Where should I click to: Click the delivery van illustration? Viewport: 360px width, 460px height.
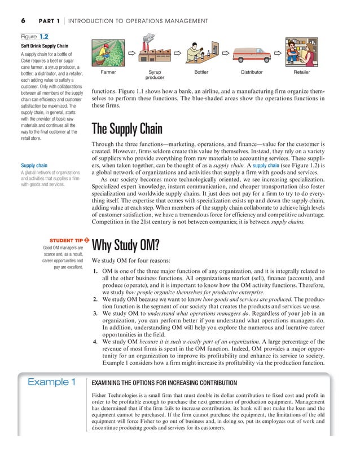[252, 55]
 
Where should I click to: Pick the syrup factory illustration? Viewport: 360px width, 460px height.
[154, 52]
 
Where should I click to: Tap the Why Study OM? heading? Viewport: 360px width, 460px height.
[126, 246]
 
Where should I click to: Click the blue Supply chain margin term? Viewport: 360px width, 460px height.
[34, 166]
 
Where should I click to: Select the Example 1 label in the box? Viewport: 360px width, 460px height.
[52, 383]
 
